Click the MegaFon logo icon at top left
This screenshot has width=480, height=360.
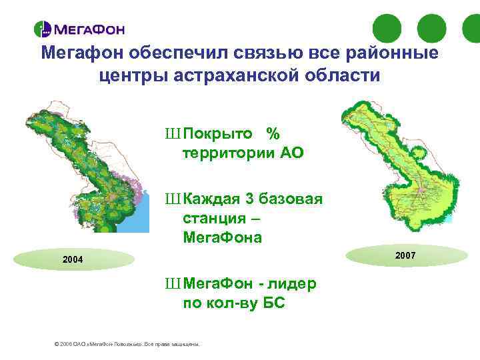pyautogui.click(x=43, y=29)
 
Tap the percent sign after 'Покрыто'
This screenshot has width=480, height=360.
pyautogui.click(x=272, y=133)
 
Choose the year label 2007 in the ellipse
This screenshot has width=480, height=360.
pyautogui.click(x=405, y=255)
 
